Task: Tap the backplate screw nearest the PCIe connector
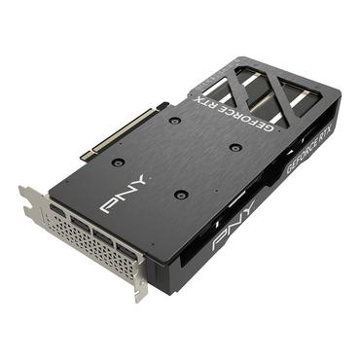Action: coord(170,121)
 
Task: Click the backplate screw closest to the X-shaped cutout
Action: coord(235,147)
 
